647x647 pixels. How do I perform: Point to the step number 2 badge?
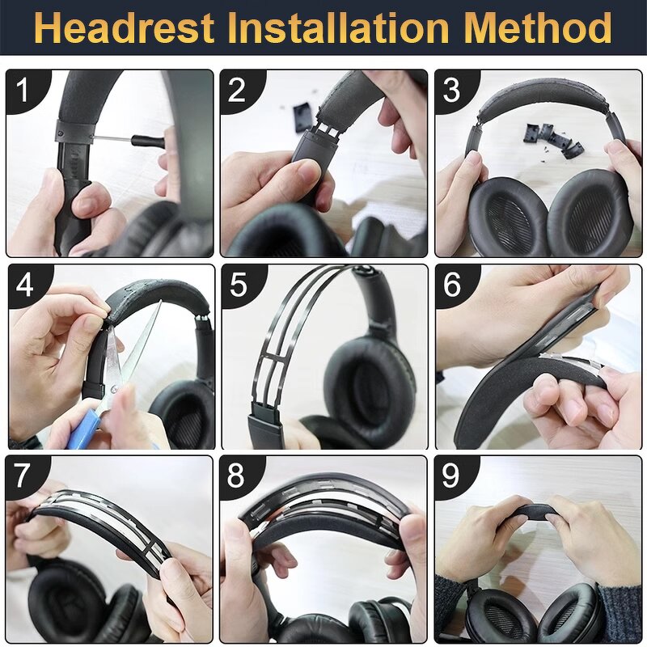236,89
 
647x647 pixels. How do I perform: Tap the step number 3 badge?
451,89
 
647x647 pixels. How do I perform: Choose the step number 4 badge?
24,285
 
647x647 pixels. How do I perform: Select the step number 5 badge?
238,285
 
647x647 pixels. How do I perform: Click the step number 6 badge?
452,285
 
